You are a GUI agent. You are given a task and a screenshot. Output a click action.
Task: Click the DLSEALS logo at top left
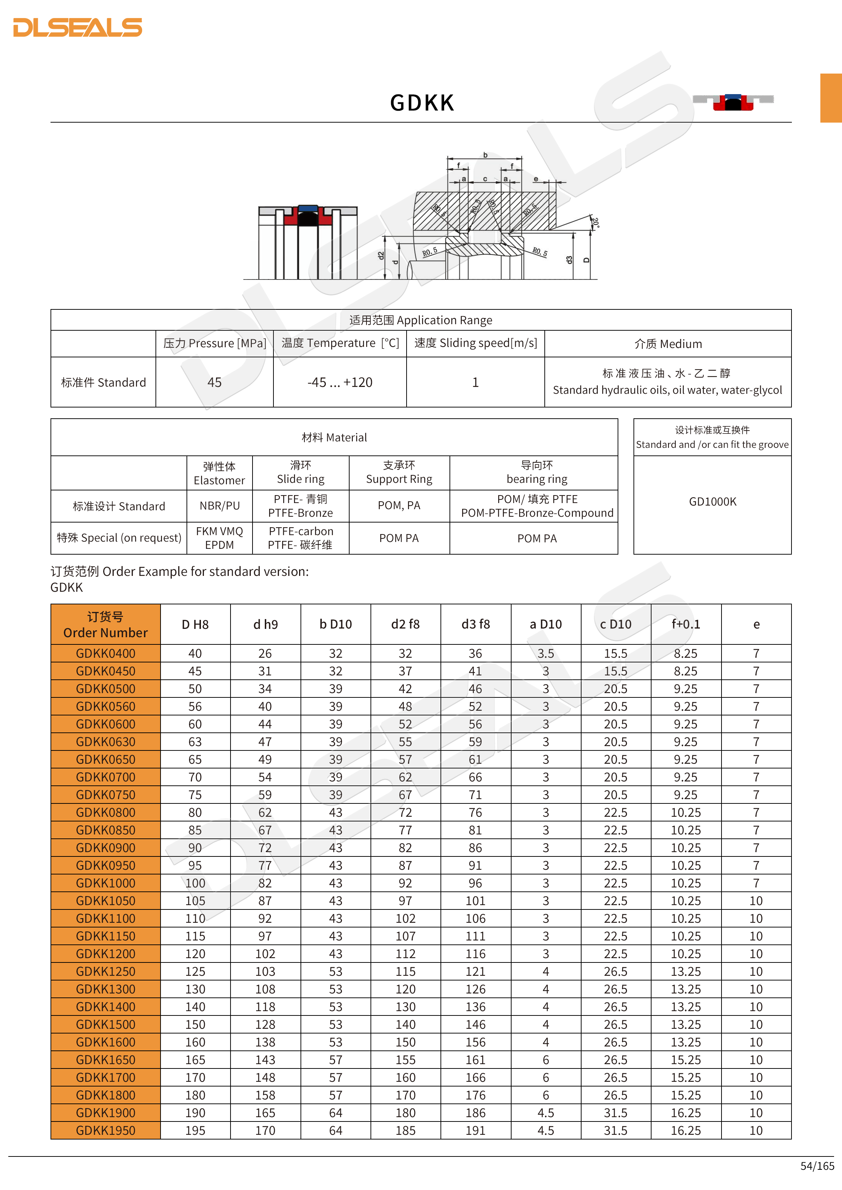[x=78, y=27]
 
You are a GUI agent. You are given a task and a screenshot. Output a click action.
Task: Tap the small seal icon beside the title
[x=733, y=102]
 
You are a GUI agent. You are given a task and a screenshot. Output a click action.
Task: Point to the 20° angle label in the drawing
[x=596, y=223]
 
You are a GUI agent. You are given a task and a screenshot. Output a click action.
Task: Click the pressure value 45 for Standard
[x=214, y=383]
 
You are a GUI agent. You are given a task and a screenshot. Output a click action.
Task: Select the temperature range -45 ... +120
[x=339, y=383]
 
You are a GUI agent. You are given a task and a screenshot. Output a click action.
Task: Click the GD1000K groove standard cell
[x=712, y=502]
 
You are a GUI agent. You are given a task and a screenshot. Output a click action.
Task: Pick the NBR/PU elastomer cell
[x=219, y=506]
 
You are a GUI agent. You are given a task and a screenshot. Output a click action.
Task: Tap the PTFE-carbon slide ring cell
[x=301, y=538]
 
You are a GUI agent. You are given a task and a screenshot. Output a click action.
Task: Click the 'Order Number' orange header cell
[x=105, y=625]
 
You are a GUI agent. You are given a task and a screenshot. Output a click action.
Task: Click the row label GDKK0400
[x=105, y=653]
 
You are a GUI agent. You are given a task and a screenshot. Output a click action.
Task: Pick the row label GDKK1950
[x=105, y=1130]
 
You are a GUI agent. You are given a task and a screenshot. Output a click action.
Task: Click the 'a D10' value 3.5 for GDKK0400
[x=545, y=653]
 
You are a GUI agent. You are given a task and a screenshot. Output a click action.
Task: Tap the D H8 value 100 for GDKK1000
[x=195, y=883]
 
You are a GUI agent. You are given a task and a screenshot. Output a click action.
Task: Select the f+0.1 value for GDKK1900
[x=685, y=1113]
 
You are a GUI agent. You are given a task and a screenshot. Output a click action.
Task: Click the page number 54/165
[x=817, y=1165]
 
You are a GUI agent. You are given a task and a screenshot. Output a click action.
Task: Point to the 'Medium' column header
[x=668, y=344]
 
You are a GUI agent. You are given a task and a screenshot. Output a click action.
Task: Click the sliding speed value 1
[x=475, y=383]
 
